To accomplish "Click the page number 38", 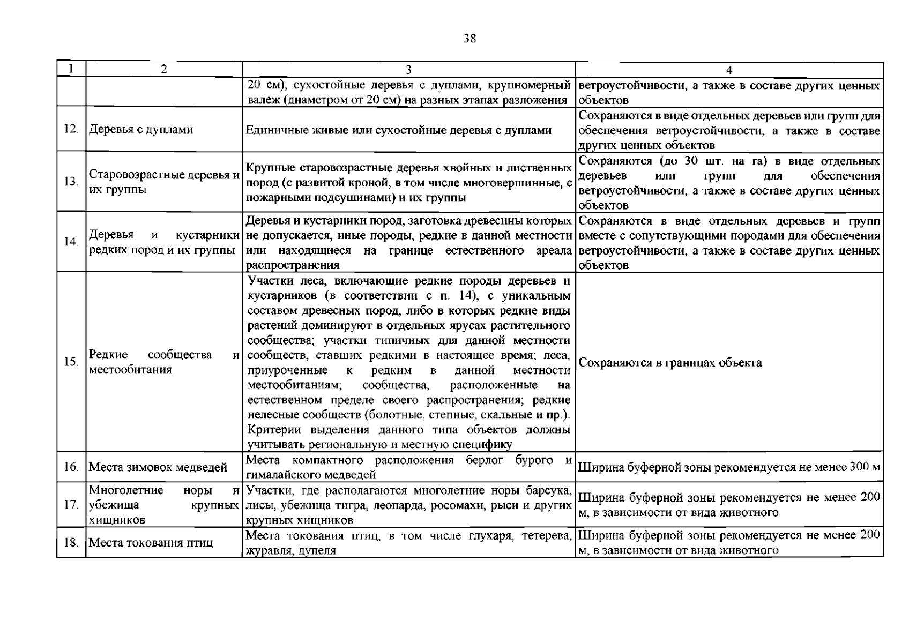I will pyautogui.click(x=470, y=38).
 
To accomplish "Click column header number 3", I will pyautogui.click(x=408, y=70).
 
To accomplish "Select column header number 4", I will pyautogui.click(x=729, y=70).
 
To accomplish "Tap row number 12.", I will pyautogui.click(x=71, y=130).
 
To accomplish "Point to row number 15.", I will pyautogui.click(x=71, y=362).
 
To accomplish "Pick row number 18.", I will pyautogui.click(x=71, y=543).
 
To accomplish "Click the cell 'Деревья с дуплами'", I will pyautogui.click(x=141, y=130).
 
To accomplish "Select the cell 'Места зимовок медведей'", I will pyautogui.click(x=158, y=467).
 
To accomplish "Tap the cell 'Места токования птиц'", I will pyautogui.click(x=151, y=543).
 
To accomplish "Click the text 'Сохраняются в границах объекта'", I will pyautogui.click(x=670, y=363).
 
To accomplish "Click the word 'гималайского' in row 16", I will pyautogui.click(x=279, y=475).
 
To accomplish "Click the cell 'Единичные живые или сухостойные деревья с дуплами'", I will pyautogui.click(x=399, y=130).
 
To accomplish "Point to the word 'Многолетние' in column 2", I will pyautogui.click(x=123, y=490).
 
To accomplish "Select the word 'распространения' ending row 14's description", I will pyautogui.click(x=293, y=265).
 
